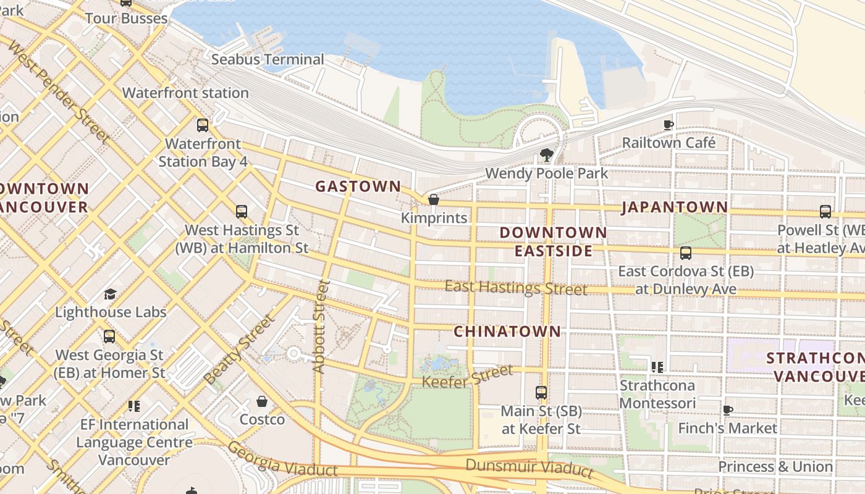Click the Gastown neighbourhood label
[358, 186]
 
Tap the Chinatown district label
[507, 331]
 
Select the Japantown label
[675, 207]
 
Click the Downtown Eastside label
[553, 241]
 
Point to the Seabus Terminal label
[268, 59]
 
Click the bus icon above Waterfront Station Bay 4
[203, 125]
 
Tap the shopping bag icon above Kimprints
[434, 199]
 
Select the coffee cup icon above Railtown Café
[669, 125]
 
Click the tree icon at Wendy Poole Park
[546, 154]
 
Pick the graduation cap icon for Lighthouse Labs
[111, 294]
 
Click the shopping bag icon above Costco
[262, 401]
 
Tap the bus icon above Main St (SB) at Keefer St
[541, 392]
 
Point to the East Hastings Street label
[516, 288]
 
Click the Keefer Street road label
[467, 376]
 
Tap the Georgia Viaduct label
[282, 459]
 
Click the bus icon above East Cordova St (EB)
[686, 253]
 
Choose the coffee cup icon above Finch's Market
[728, 410]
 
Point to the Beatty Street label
[238, 349]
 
